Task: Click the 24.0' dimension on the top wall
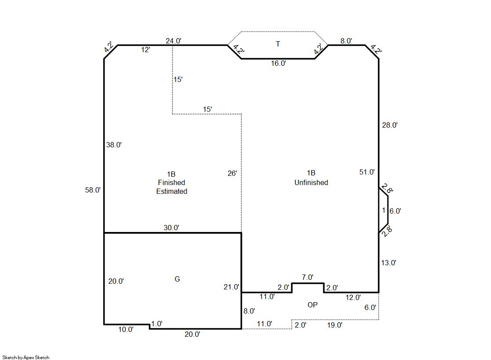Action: (173, 41)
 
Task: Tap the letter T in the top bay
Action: (278, 44)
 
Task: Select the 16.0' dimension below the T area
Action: (278, 63)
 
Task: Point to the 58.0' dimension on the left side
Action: (93, 190)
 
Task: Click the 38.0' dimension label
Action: (114, 145)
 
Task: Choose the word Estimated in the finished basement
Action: (172, 191)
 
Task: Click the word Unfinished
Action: (311, 182)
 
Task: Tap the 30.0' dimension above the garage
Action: (171, 228)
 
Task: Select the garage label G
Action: (177, 279)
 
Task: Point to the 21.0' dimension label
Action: (231, 287)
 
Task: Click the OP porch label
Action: (312, 305)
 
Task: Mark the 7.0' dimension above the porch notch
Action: (308, 277)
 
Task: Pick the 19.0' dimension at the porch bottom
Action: (335, 325)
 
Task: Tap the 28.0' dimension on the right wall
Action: (390, 125)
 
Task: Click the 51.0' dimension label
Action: (367, 172)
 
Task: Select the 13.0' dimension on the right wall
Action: (389, 263)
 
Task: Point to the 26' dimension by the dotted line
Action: (232, 174)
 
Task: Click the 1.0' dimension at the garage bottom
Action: (157, 324)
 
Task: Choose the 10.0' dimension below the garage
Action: (125, 329)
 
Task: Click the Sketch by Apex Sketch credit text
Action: (26, 357)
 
